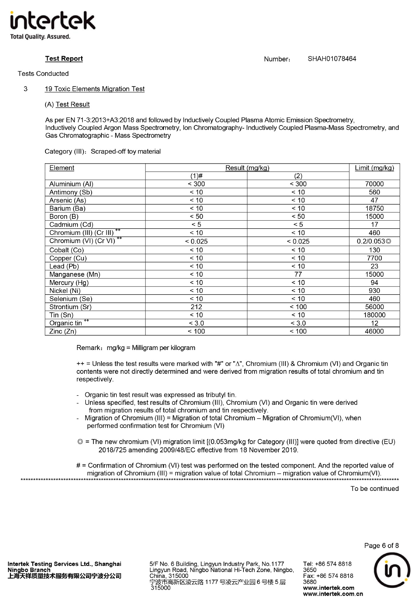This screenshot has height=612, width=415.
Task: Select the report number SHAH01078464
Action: point(332,59)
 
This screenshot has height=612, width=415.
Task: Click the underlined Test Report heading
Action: point(64,58)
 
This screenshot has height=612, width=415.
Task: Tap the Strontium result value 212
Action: point(196,307)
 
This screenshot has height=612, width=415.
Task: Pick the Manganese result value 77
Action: point(298,274)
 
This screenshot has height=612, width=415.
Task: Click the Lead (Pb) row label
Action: point(64,266)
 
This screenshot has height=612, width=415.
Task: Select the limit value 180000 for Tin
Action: point(374,315)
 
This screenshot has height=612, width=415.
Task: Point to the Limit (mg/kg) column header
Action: point(374,168)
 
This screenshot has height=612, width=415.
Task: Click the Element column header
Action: point(62,168)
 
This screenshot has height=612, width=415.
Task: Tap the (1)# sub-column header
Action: point(196,176)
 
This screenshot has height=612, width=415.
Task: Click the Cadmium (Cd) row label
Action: point(71,224)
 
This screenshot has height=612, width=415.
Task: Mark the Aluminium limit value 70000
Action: point(374,184)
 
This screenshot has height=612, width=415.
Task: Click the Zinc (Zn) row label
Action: point(63,331)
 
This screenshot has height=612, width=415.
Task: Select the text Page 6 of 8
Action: point(381,545)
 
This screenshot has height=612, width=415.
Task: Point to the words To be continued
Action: point(374,489)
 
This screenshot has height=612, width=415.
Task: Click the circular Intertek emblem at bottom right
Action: point(392,570)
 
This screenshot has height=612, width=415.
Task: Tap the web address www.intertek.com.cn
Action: point(333,594)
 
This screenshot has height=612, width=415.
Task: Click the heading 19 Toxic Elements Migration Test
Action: point(95,89)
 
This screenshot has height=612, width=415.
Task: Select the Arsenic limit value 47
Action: point(374,200)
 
